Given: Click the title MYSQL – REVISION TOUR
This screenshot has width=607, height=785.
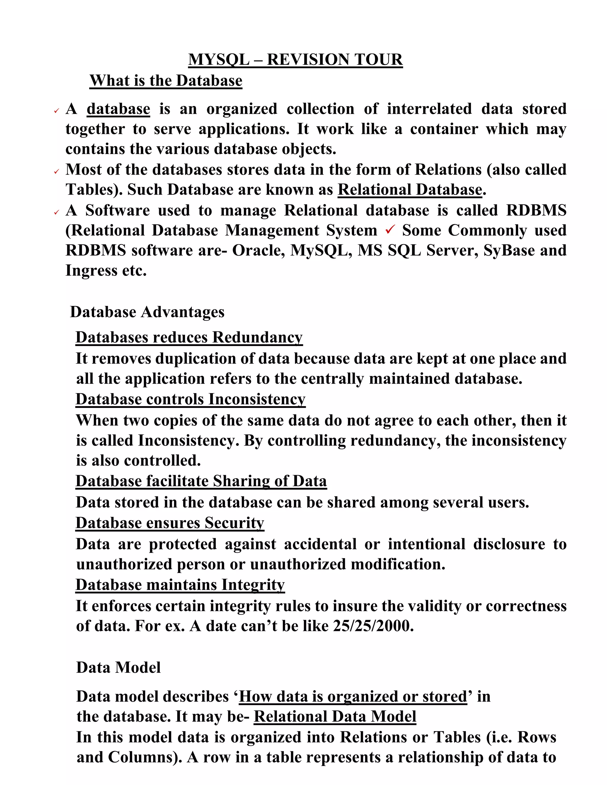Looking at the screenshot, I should pyautogui.click(x=295, y=60).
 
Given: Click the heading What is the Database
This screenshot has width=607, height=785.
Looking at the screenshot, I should pyautogui.click(x=166, y=81).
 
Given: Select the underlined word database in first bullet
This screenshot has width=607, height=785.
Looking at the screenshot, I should pyautogui.click(x=118, y=109).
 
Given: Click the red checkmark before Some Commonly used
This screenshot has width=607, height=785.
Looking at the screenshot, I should pyautogui.click(x=390, y=229).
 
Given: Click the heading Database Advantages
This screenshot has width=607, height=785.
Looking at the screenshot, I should pyautogui.click(x=147, y=312).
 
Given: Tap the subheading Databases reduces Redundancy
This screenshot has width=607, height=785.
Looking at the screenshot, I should pyautogui.click(x=189, y=337).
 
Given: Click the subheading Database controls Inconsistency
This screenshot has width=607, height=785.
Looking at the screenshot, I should pyautogui.click(x=190, y=399).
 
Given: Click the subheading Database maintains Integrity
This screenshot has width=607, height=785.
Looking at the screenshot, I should pyautogui.click(x=180, y=585).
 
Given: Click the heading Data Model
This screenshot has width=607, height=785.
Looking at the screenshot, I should pyautogui.click(x=118, y=667).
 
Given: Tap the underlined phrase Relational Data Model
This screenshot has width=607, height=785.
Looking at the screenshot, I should pyautogui.click(x=335, y=716).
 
